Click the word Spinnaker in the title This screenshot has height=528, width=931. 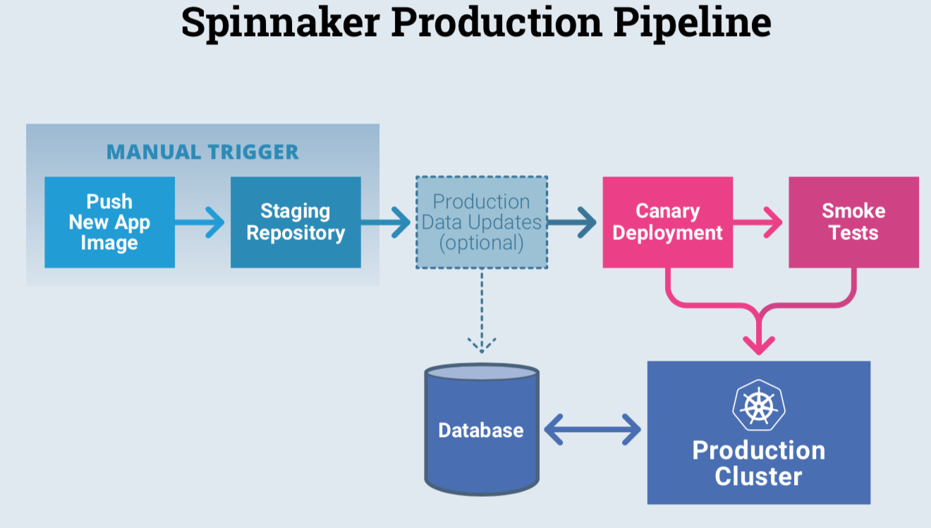pos(281,23)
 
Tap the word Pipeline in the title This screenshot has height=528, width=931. pos(693,23)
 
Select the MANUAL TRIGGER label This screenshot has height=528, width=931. pos(202,152)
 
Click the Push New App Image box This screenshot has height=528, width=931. pos(110,222)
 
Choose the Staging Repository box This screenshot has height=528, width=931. pos(296,222)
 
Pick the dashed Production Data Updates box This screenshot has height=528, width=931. pos(482,222)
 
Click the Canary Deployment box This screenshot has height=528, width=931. pos(667,222)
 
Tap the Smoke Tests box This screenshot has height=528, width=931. pos(853,222)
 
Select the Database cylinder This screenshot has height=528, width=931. pos(482,429)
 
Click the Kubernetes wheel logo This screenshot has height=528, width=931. pos(759,405)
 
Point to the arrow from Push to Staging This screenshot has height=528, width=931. pos(200,222)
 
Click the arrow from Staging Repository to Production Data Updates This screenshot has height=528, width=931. pos(386,222)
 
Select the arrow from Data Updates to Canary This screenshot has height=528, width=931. pos(572,222)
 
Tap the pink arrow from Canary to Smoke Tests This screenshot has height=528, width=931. pos(757,222)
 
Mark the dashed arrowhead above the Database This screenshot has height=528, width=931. pos(482,345)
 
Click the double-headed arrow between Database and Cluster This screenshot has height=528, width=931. pos(592,429)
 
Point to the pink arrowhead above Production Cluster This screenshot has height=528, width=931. pos(759,345)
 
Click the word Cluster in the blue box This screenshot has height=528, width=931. pos(758,476)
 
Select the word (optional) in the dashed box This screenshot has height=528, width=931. pos(482,243)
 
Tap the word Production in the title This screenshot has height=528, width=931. pos(497,23)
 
